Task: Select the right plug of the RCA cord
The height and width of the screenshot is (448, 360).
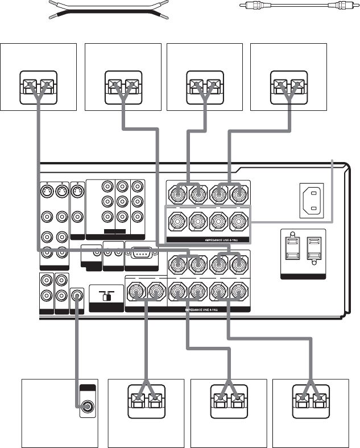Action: (340, 9)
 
